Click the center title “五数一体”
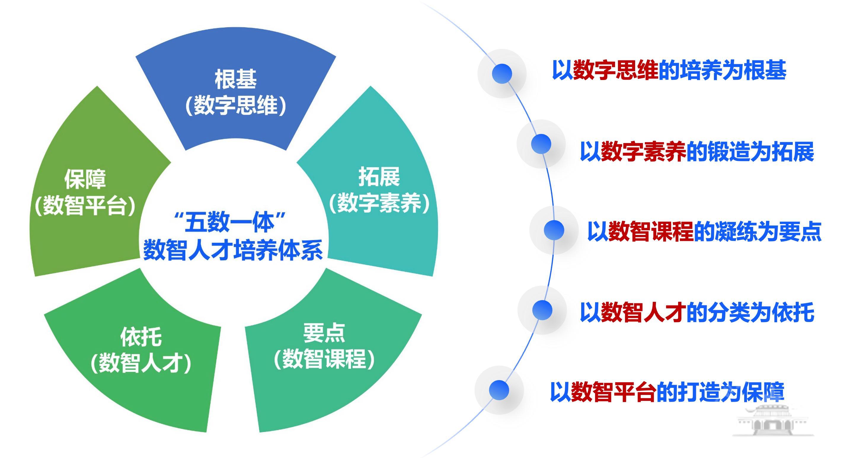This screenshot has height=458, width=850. click(x=230, y=222)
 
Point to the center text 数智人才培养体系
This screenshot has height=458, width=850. click(x=233, y=250)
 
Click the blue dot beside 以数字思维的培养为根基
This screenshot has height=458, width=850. click(x=501, y=73)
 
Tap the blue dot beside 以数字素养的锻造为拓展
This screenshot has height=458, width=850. click(x=541, y=144)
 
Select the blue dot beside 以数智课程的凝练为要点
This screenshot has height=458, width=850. click(x=554, y=230)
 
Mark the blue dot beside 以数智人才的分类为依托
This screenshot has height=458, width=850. click(x=542, y=310)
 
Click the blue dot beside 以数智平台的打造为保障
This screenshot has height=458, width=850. click(x=499, y=390)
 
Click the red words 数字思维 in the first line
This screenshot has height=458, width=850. click(x=615, y=70)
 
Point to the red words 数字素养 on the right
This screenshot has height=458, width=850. click(x=643, y=152)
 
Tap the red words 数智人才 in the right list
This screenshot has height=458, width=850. click(x=643, y=312)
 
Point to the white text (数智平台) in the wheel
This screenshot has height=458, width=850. click(x=85, y=206)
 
